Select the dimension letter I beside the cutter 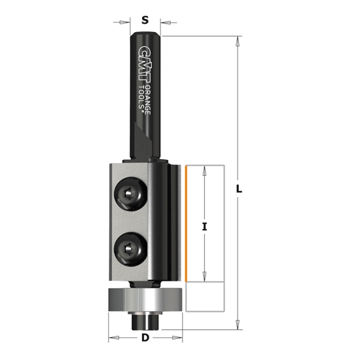pyautogui.click(x=205, y=226)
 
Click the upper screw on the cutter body pyautogui.click(x=130, y=195)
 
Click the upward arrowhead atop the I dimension pyautogui.click(x=205, y=171)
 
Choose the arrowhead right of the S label pyautogui.click(x=162, y=22)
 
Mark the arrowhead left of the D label pyautogui.click(x=113, y=338)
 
